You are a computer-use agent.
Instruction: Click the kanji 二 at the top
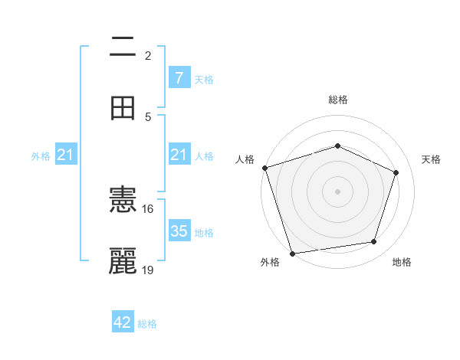point(123,47)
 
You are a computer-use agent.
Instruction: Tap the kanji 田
point(123,108)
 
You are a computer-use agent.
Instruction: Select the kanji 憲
point(123,201)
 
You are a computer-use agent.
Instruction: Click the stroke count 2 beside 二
point(148,55)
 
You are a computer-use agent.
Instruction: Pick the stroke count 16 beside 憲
point(147,208)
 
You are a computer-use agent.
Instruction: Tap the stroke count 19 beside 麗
point(147,270)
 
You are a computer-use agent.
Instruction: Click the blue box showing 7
point(179,77)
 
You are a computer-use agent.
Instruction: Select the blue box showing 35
point(179,231)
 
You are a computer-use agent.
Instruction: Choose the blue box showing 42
point(123,322)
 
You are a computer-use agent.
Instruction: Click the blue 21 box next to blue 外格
point(66,155)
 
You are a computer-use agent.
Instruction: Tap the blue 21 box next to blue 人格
point(179,155)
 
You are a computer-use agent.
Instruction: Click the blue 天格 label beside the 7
point(204,79)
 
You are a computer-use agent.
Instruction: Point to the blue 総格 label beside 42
point(147,324)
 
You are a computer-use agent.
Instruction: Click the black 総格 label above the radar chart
point(337,100)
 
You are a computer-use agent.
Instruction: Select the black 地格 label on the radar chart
point(402,262)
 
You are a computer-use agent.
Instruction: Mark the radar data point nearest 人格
point(264,168)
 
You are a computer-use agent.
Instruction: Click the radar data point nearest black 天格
point(396,172)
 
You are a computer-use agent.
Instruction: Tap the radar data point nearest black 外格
point(292,252)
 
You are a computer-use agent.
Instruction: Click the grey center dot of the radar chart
point(337,191)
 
